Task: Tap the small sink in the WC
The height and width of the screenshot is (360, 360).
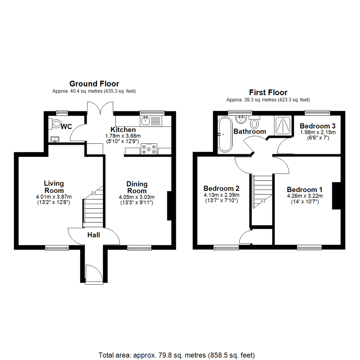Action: pyautogui.click(x=54, y=139)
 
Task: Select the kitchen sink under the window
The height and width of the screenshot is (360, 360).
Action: pyautogui.click(x=146, y=121)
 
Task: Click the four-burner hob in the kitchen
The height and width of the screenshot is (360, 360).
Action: pyautogui.click(x=149, y=149)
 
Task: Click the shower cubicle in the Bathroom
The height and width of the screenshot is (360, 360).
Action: pyautogui.click(x=283, y=125)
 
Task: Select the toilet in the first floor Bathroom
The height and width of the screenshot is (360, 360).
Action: pyautogui.click(x=255, y=122)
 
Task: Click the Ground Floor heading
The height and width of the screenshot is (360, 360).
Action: pyautogui.click(x=94, y=84)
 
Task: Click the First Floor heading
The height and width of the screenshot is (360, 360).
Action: pyautogui.click(x=268, y=92)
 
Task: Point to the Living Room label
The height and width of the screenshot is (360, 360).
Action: pyautogui.click(x=54, y=187)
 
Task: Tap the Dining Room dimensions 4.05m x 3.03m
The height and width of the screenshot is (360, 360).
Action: pyautogui.click(x=136, y=197)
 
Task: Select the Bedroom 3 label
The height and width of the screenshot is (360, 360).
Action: pyautogui.click(x=317, y=126)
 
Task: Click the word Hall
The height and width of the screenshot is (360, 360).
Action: pyautogui.click(x=94, y=235)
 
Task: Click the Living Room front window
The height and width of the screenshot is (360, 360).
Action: pyautogui.click(x=57, y=247)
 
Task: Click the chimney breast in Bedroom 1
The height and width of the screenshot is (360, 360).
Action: pyautogui.click(x=336, y=196)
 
